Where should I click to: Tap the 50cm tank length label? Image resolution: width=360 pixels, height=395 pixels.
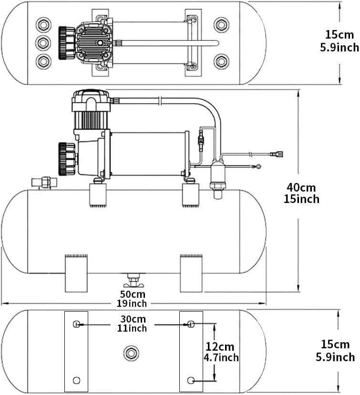coord(133,298)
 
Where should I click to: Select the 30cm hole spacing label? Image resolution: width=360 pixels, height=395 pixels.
coord(133,324)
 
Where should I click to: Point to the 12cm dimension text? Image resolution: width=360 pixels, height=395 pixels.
coord(221,352)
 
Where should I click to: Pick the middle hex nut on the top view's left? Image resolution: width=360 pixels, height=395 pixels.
coord(43,43)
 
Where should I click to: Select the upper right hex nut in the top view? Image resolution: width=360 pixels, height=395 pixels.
coord(221,24)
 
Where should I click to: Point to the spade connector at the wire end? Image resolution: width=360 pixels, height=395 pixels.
coord(277,154)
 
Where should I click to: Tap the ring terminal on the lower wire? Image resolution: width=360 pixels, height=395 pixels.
coord(258,167)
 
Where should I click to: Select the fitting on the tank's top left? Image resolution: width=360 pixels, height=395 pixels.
coord(41,182)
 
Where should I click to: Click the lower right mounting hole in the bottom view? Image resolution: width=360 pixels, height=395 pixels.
coord(191,380)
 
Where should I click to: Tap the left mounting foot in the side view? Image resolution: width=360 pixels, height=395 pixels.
coord(76,273)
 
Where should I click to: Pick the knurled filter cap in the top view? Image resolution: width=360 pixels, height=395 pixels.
coord(67,43)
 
